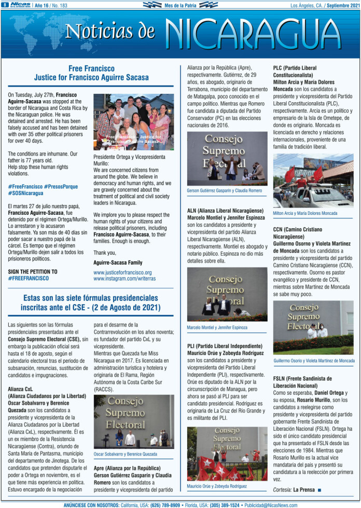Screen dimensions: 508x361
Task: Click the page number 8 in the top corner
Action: (4, 5)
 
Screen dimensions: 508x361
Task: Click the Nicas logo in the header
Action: (20, 5)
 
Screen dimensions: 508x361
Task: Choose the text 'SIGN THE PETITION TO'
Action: (33, 271)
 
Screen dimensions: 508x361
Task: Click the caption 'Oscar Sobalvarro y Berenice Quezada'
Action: (126, 454)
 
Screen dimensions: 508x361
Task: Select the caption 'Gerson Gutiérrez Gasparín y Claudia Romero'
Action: (225, 191)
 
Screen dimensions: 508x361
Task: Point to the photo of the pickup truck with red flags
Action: (313, 181)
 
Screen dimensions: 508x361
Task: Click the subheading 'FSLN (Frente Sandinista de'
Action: (302, 379)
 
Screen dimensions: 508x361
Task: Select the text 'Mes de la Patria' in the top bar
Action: (179, 5)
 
